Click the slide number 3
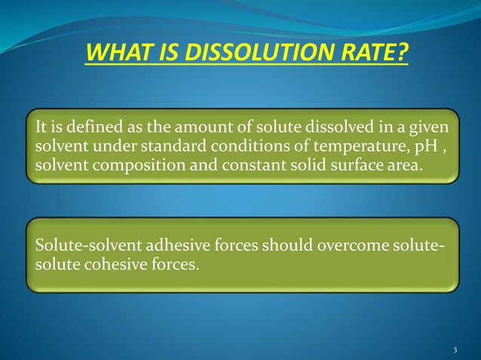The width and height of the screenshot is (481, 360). [455, 349]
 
